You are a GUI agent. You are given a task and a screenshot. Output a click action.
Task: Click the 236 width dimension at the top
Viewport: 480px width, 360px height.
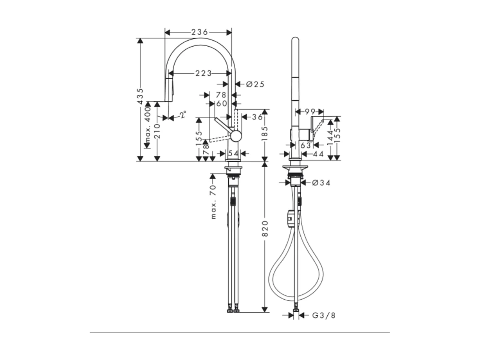(x=200, y=32)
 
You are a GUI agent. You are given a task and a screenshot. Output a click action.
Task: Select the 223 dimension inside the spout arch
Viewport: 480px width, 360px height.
(x=204, y=73)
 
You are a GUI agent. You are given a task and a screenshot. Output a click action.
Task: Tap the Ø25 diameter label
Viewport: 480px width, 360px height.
(x=255, y=84)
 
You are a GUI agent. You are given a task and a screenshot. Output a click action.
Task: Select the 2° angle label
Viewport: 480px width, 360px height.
(x=183, y=114)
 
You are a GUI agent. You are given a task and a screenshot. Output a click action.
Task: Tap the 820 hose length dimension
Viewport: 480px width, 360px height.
(x=265, y=228)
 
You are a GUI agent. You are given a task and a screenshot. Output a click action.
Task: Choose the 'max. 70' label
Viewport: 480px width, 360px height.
(x=213, y=202)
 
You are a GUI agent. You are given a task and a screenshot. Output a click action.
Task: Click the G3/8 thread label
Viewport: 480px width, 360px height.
(x=324, y=315)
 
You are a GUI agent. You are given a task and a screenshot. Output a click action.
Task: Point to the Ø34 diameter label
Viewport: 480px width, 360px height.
(x=321, y=183)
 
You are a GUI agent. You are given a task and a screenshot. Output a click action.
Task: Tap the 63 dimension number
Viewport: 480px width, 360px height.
(x=306, y=145)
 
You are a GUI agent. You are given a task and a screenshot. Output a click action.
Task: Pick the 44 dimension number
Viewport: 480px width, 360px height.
(x=318, y=154)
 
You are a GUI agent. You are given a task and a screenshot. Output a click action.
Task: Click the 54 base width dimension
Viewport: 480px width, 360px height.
(x=233, y=153)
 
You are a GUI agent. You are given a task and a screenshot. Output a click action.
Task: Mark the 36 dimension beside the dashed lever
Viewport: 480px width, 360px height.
(x=257, y=117)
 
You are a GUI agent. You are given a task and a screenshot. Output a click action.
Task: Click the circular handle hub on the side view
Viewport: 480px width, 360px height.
(x=236, y=136)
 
